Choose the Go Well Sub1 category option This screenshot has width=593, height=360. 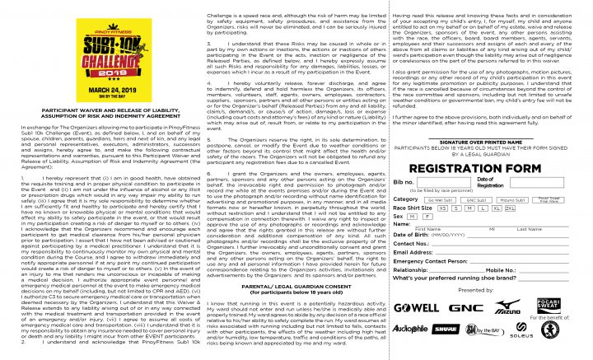[441, 199]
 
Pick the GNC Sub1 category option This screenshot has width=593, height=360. [477, 199]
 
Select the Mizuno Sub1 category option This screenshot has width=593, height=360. [513, 199]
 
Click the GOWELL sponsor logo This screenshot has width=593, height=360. [416, 308]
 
